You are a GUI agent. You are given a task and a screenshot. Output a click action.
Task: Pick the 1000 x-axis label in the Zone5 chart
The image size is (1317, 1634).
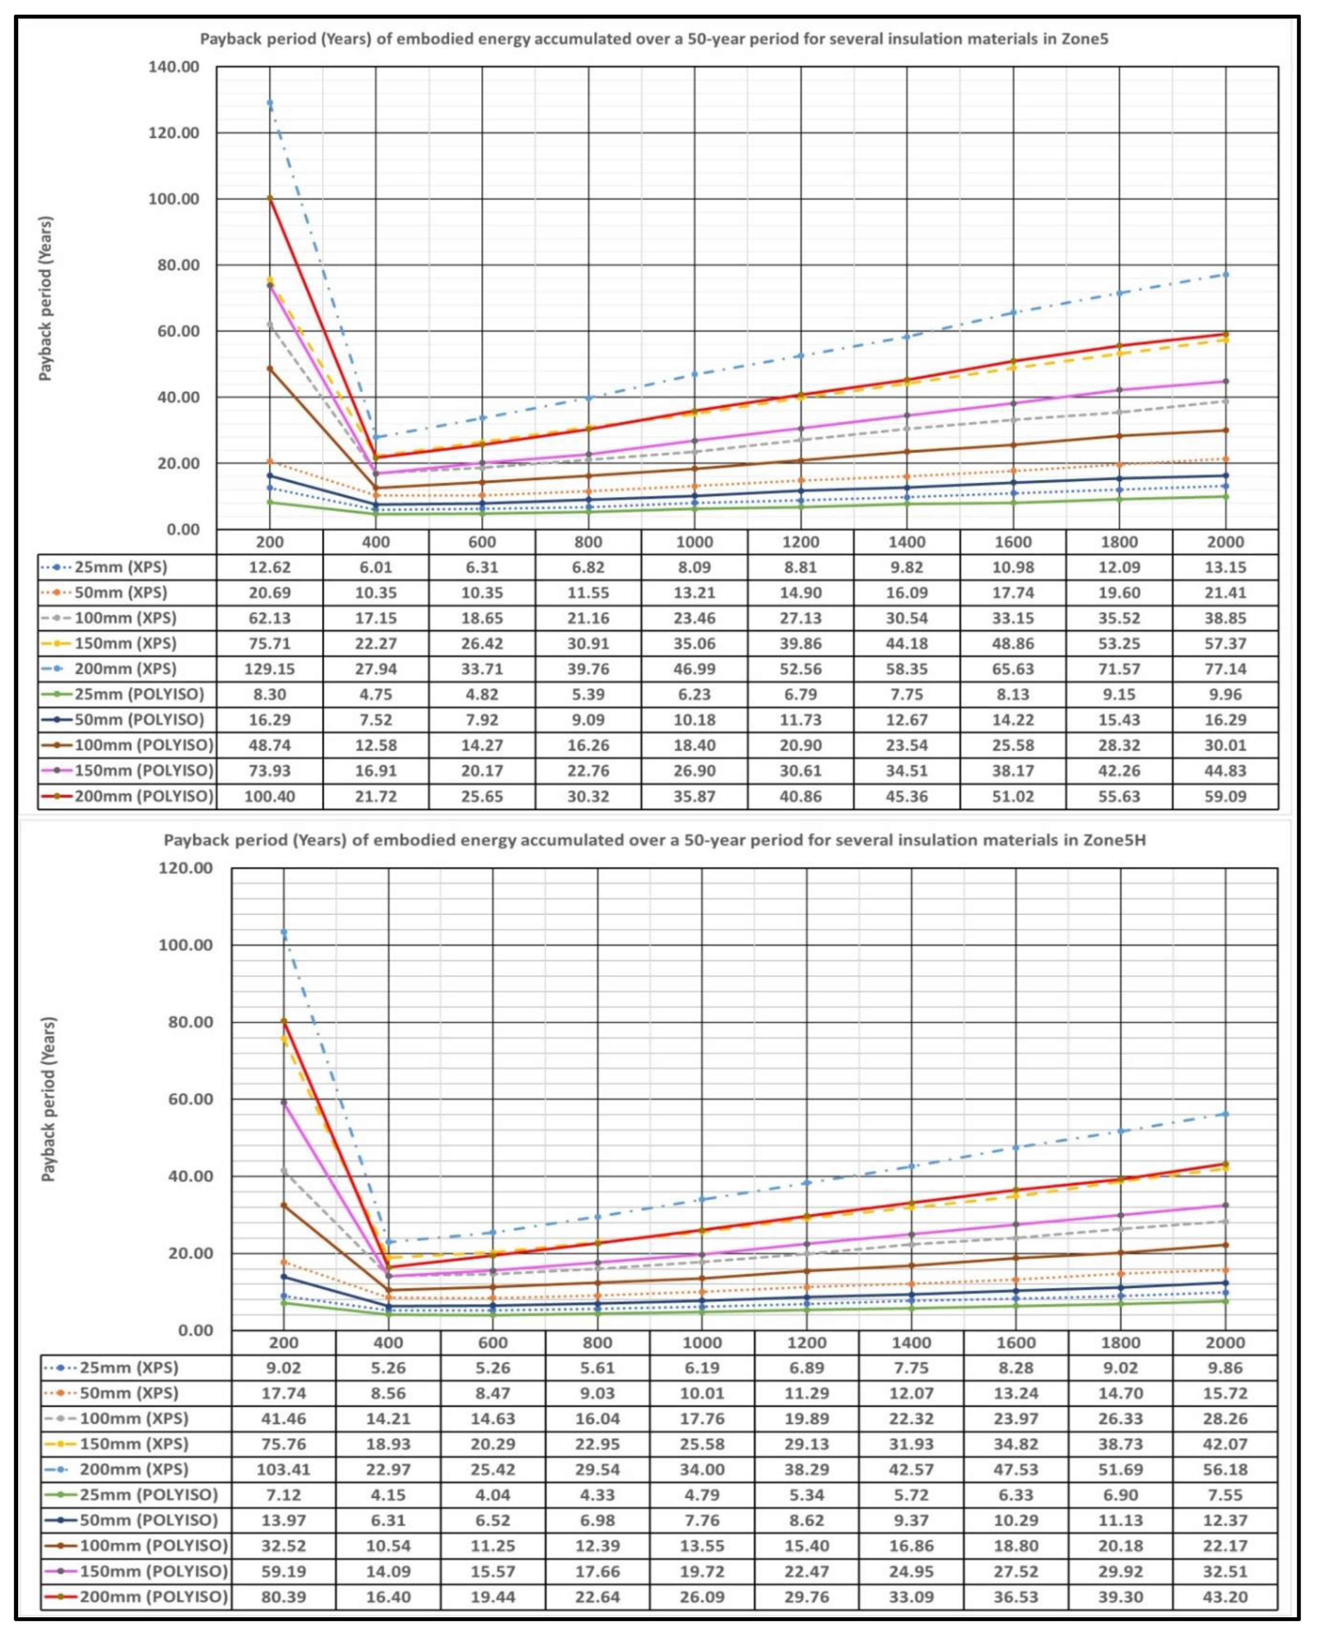(x=694, y=542)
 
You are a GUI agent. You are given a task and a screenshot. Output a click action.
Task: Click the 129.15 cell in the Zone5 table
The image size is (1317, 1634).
(x=269, y=669)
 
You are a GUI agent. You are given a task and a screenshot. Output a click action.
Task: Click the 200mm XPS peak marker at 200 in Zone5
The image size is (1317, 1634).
(x=269, y=103)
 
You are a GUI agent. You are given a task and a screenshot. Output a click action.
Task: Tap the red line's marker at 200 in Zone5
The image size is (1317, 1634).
(x=269, y=198)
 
